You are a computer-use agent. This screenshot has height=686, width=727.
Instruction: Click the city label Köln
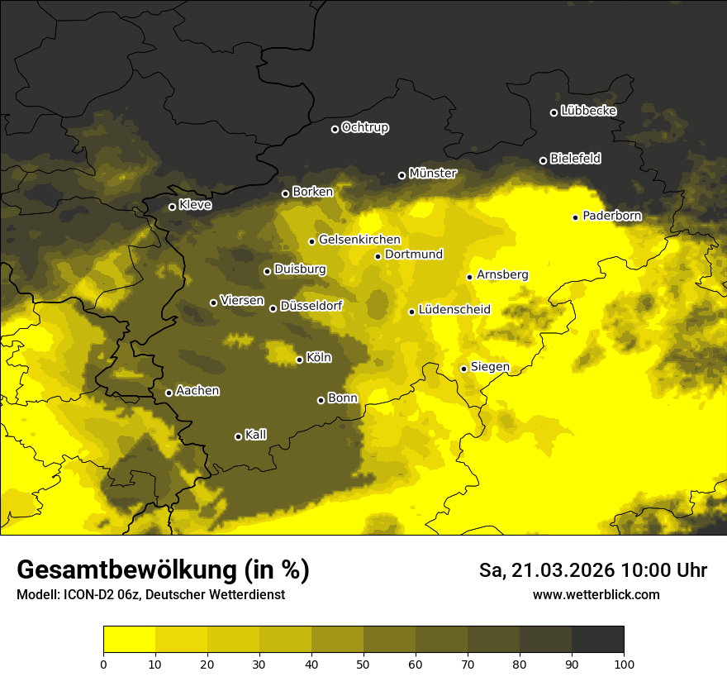coord(318,358)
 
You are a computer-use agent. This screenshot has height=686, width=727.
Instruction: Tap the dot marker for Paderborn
coord(576,217)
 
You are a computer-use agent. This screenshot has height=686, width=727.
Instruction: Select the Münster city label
coord(433,174)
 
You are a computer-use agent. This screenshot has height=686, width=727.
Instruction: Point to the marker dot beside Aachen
coord(169,393)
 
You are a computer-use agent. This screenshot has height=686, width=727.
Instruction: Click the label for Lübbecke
coord(588,111)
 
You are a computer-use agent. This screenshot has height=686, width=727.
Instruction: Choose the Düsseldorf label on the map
coord(311,306)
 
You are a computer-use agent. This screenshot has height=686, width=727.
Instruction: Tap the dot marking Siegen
coord(464,369)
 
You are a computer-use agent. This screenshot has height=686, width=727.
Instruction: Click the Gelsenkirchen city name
coord(359,240)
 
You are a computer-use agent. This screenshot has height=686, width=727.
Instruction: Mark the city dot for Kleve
coord(173,207)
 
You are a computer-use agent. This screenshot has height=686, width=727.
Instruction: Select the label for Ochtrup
coord(364,127)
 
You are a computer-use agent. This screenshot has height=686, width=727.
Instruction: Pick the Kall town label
coord(256,435)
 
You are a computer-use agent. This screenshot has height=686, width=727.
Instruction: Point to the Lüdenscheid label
coord(454,310)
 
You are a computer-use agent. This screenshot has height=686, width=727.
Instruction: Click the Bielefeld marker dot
coord(544,160)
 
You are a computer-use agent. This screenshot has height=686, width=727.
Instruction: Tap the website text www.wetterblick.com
coord(596,595)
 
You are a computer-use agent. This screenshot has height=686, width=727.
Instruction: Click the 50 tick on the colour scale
coord(363,663)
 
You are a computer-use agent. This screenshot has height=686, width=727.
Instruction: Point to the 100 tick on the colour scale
coord(624,663)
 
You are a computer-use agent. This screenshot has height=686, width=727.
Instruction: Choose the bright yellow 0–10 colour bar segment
coord(130,639)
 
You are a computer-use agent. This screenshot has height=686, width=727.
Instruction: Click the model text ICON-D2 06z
coord(93,595)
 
